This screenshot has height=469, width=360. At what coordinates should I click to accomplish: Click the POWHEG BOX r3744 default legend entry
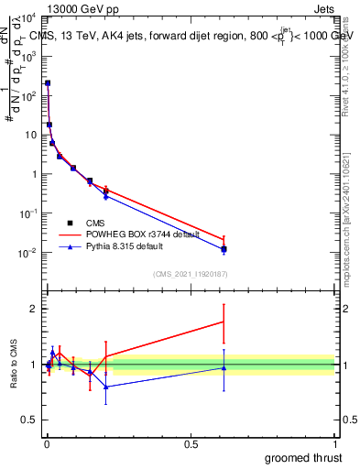(x=127, y=234)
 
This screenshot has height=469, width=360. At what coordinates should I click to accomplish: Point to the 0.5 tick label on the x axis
(x=191, y=444)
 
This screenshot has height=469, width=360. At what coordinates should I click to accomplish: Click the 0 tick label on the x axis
(x=48, y=444)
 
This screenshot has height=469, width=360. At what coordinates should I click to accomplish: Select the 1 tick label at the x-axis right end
(x=334, y=444)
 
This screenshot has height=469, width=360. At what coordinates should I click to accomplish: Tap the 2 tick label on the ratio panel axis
(x=34, y=309)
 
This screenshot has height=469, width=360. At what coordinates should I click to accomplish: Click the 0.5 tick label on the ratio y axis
(x=29, y=422)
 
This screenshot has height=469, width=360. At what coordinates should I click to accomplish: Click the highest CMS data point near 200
(x=48, y=83)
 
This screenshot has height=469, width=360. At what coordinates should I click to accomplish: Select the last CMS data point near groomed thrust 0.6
(x=224, y=248)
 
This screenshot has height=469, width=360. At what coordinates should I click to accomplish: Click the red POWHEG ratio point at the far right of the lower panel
(x=224, y=322)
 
